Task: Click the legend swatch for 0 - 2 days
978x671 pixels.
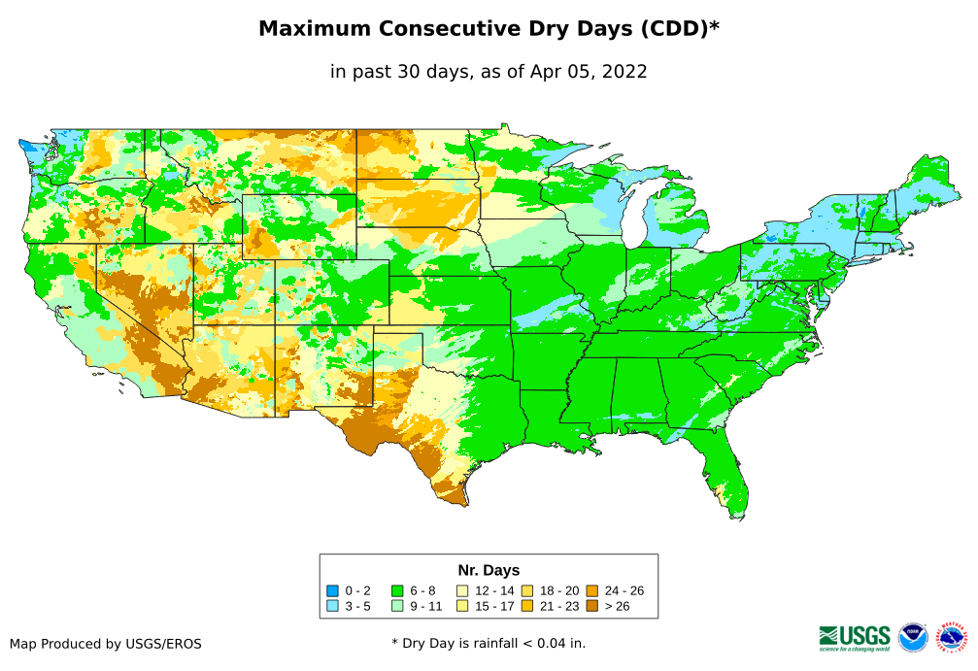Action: click(x=333, y=590)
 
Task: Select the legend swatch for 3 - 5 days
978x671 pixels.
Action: click(x=333, y=606)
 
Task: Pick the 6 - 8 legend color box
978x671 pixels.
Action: click(x=397, y=590)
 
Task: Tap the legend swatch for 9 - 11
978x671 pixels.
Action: click(x=397, y=606)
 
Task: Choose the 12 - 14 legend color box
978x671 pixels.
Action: click(x=462, y=590)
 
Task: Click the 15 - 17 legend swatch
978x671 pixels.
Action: click(x=462, y=606)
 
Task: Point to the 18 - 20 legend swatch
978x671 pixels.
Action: click(x=527, y=590)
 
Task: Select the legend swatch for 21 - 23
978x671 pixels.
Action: click(x=527, y=606)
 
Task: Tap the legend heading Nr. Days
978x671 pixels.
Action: click(x=489, y=570)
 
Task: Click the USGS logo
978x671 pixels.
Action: click(x=855, y=637)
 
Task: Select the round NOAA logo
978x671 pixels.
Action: click(x=913, y=637)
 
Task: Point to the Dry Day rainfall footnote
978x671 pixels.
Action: click(x=489, y=643)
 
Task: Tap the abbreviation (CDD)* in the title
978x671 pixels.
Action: click(x=678, y=29)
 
